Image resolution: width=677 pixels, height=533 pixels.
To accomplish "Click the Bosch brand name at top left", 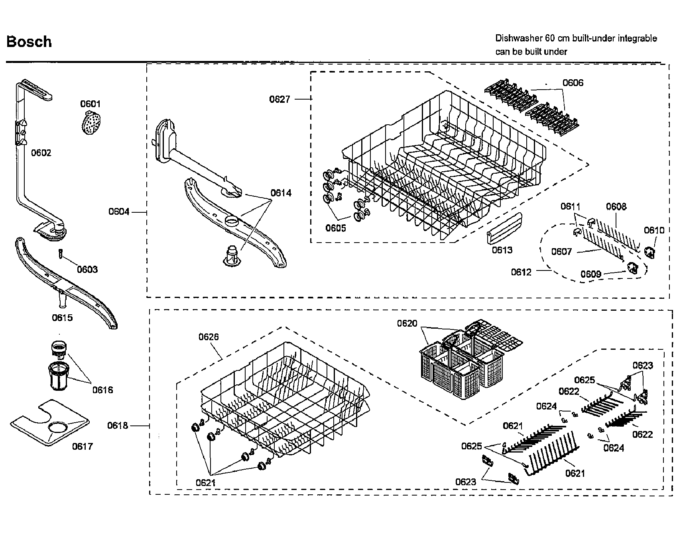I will pyautogui.click(x=29, y=42).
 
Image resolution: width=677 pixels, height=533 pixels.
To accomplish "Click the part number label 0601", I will pyautogui.click(x=91, y=104).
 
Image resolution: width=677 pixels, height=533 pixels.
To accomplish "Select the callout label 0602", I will pyautogui.click(x=41, y=153).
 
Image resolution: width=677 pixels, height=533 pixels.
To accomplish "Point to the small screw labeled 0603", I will pyautogui.click(x=60, y=253).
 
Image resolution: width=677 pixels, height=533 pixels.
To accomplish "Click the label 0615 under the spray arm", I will pyautogui.click(x=62, y=317).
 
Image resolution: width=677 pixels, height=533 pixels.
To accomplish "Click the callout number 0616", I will pyautogui.click(x=102, y=390).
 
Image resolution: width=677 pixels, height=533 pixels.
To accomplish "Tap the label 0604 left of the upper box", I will pyautogui.click(x=119, y=212).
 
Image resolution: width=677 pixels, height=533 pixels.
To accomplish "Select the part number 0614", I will pyautogui.click(x=281, y=193).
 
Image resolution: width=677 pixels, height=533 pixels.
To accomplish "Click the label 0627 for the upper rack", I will pyautogui.click(x=279, y=99).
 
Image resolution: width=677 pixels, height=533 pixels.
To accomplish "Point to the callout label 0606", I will pyautogui.click(x=573, y=83).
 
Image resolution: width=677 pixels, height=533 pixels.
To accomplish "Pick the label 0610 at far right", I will pyautogui.click(x=654, y=230).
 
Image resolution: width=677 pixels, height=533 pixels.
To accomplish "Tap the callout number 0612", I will pyautogui.click(x=521, y=272).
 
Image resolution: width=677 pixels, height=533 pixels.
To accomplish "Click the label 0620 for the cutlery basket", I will pyautogui.click(x=407, y=323).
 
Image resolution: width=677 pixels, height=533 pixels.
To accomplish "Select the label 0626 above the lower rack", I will pyautogui.click(x=209, y=337).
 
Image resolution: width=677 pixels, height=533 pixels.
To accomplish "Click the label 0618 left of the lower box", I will pyautogui.click(x=117, y=426).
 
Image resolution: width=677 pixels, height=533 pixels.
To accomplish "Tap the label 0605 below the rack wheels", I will pyautogui.click(x=336, y=228).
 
